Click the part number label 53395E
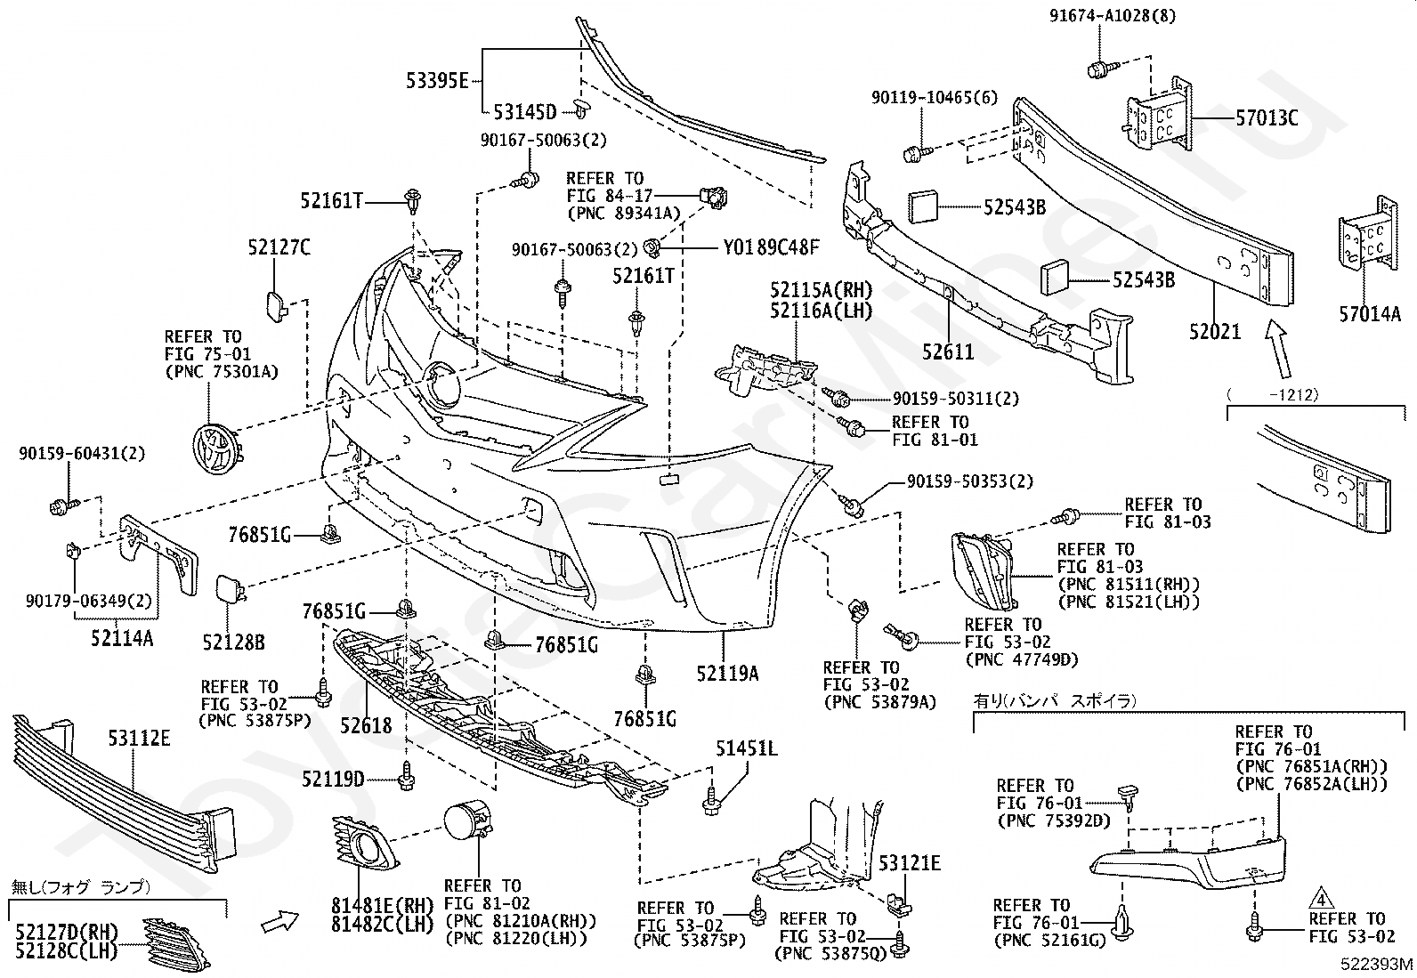coord(437,82)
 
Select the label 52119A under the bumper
coord(727,674)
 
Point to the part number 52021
coord(1215,331)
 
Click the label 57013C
coord(1267,118)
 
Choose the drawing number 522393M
coord(1377,964)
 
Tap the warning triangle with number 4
coord(1320,899)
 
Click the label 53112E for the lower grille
coord(139,739)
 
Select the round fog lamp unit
coord(468,823)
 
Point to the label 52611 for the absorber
coord(948,352)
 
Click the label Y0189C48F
coord(771,247)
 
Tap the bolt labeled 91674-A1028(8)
coord(1101,68)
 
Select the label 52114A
coord(122,638)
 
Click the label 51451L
coord(747,749)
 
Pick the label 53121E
coord(910,863)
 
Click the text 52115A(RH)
coord(822,290)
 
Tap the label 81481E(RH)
coord(383,906)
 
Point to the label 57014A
coord(1370,314)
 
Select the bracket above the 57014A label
coord(1368,235)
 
